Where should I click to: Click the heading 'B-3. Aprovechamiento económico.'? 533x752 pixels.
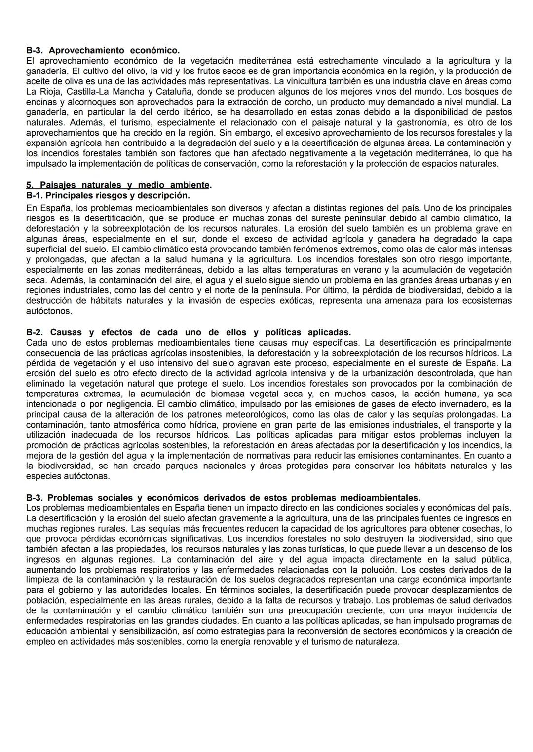[x=103, y=50]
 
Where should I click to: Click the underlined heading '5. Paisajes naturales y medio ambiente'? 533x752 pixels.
[x=117, y=185]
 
